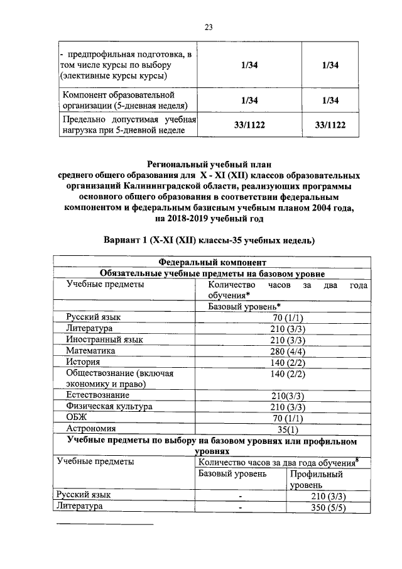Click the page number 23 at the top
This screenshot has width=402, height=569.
[209, 26]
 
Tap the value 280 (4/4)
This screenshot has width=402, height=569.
[288, 351]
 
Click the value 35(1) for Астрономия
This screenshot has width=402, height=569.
[288, 430]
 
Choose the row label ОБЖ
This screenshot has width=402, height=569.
[76, 418]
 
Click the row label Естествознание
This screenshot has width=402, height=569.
[98, 395]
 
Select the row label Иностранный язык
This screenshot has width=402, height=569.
[104, 340]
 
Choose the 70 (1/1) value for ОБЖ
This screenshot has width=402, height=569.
[288, 418]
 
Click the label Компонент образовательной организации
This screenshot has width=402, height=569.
[124, 100]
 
